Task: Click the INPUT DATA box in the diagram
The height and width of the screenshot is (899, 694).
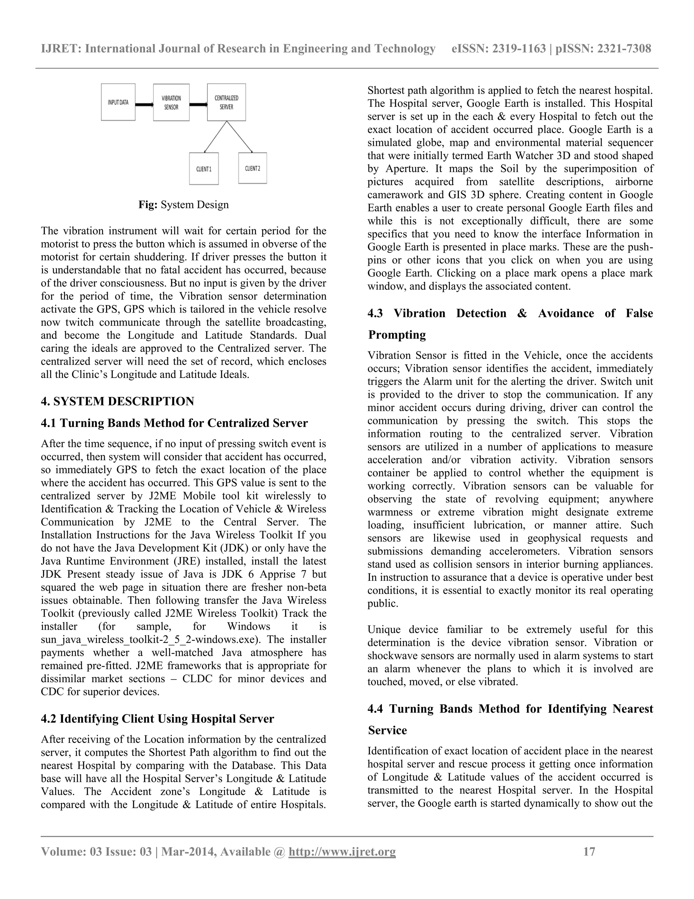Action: click(118, 102)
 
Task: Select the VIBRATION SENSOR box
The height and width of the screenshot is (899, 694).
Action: click(171, 102)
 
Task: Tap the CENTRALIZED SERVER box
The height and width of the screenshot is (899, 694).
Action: click(226, 102)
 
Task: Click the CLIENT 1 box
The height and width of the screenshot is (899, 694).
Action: click(204, 169)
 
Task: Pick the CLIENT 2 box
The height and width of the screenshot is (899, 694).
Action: click(252, 168)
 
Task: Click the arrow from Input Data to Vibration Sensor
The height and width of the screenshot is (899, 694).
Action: click(144, 104)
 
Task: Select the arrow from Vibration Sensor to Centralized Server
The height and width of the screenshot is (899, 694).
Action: click(198, 104)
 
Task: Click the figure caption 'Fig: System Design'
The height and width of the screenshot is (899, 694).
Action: click(183, 205)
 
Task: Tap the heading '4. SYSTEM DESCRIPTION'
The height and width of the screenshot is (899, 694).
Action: click(117, 401)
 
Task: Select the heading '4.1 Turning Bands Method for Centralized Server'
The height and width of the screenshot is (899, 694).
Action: click(174, 423)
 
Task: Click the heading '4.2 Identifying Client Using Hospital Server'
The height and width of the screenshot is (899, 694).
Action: click(158, 719)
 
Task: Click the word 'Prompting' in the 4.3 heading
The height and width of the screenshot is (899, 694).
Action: click(397, 334)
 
